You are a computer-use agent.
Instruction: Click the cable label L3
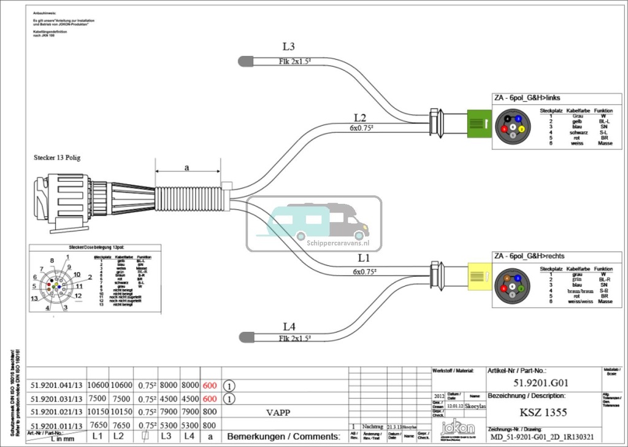click(288, 47)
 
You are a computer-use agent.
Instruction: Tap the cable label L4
click(289, 327)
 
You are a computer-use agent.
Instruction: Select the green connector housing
click(478, 123)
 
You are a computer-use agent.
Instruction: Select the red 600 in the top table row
click(209, 385)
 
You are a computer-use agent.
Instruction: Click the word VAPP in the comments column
click(278, 412)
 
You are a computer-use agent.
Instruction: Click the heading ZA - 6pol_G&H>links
click(527, 98)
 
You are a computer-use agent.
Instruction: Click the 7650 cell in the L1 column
click(98, 425)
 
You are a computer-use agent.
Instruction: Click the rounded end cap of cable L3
click(245, 61)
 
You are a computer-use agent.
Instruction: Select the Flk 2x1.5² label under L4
click(294, 338)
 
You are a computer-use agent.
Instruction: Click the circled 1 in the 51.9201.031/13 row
click(228, 398)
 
